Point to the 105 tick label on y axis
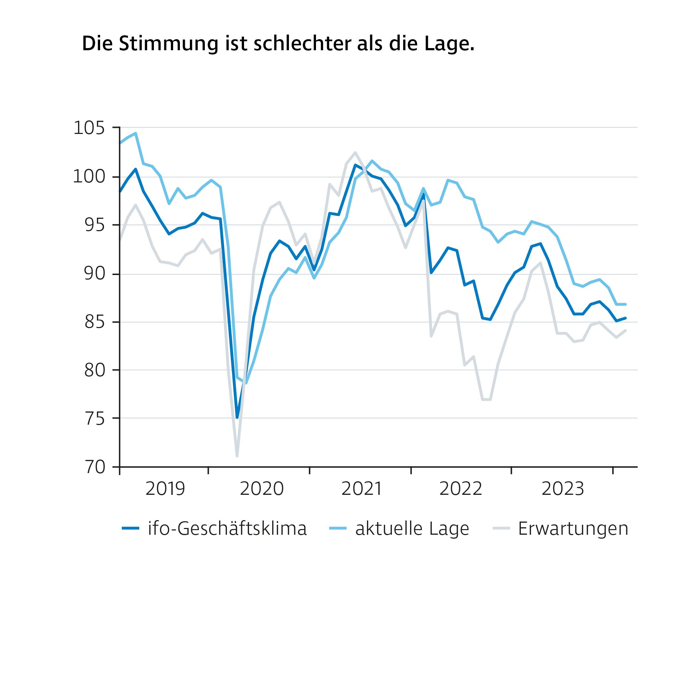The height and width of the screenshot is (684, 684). coord(89,128)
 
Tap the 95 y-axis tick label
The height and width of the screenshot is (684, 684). coord(94,225)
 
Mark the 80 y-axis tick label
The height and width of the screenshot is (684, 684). coord(94,370)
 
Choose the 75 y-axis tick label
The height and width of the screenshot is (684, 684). coord(94,419)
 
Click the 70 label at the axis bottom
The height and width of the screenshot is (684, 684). coord(95,467)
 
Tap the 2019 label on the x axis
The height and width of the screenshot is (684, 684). coord(165,489)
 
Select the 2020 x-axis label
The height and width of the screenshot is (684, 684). coord(261,489)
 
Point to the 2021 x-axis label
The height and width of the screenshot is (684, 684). coord(362,489)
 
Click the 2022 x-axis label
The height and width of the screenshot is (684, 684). coord(461,489)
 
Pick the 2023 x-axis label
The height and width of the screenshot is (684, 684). coord(563,489)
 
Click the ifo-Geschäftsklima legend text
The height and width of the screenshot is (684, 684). coord(227,528)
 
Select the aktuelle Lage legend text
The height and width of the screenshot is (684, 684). coord(412,528)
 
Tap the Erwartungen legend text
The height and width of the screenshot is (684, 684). coord(573,528)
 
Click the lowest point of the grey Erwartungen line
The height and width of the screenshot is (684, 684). coord(237,456)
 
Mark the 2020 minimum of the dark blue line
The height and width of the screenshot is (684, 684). coord(237,418)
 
